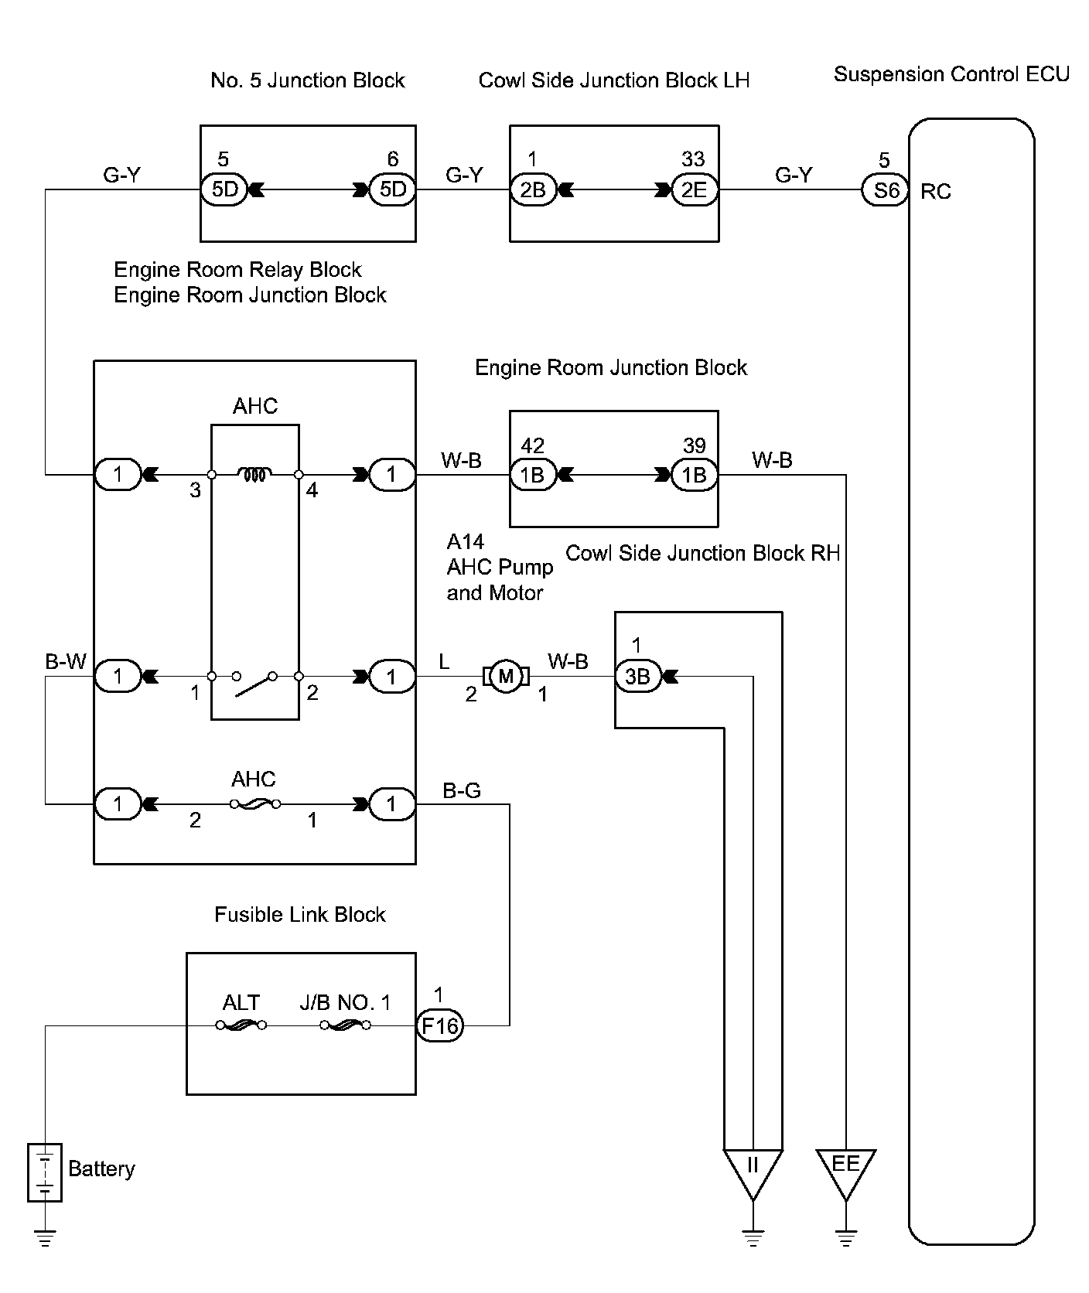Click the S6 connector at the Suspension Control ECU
886,190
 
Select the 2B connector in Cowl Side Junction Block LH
533,190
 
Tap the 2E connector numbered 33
694,190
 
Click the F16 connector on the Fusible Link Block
439,1026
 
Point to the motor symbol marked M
506,677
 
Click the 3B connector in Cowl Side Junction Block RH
637,677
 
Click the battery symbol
45,1172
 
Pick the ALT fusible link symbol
241,1025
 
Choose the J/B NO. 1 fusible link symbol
345,1025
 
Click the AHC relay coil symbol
254,474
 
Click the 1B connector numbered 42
532,475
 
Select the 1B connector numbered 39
694,475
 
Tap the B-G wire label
462,790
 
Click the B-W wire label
66,662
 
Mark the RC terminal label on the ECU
936,192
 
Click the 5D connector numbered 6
393,190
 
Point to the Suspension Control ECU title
951,74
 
